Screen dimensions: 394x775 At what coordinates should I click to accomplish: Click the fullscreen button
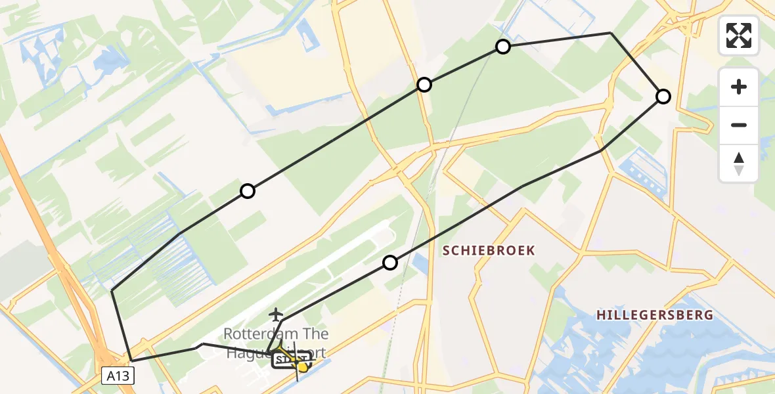tap(739, 35)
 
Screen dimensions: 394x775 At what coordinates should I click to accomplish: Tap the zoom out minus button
tap(739, 125)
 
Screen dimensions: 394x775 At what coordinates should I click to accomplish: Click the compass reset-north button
tap(739, 164)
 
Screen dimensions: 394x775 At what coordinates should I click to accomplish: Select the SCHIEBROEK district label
tap(489, 250)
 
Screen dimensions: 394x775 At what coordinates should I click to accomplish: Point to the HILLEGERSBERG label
tap(654, 315)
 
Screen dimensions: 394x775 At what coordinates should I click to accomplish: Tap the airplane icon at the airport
tap(276, 315)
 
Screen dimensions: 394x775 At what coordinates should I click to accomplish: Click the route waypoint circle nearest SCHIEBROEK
tap(390, 263)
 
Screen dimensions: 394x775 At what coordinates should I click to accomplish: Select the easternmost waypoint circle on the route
tap(663, 97)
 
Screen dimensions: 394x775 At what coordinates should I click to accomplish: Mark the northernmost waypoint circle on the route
tap(503, 46)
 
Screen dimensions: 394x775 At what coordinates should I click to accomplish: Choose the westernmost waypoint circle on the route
tap(247, 191)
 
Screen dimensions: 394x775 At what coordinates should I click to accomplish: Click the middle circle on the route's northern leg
tap(424, 85)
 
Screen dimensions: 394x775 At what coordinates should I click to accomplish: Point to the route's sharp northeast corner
tap(611, 33)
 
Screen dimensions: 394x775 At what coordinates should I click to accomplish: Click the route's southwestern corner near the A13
tap(132, 361)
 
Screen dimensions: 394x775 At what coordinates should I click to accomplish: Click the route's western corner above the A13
tap(112, 290)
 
